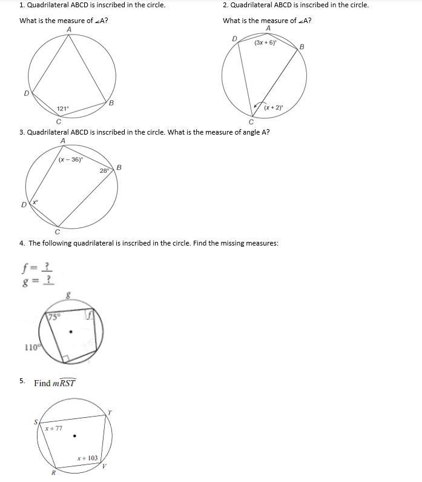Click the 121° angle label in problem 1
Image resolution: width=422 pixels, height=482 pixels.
coord(63,109)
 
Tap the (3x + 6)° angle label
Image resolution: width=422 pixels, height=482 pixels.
coord(265,43)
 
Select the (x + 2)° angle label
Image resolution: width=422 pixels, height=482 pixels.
coord(274,107)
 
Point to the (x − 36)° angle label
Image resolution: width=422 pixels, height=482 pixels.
coord(71,160)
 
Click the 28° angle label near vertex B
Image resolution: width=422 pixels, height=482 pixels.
coord(105,171)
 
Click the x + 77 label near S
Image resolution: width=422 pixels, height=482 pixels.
coord(53,428)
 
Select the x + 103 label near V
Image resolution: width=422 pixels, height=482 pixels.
coord(87,458)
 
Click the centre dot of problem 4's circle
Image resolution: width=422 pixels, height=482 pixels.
coord(71,332)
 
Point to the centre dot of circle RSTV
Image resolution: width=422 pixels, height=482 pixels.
coord(74,435)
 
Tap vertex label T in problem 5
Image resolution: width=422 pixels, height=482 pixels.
coord(110,413)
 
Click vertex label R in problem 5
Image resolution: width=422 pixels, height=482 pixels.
coord(53,473)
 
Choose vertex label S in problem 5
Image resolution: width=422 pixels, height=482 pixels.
coord(35,422)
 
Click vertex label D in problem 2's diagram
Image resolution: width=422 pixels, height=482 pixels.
coord(235,39)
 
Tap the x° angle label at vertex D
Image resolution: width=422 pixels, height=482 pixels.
coord(35,202)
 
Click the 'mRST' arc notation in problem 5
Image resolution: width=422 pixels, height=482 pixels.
coord(64,383)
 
